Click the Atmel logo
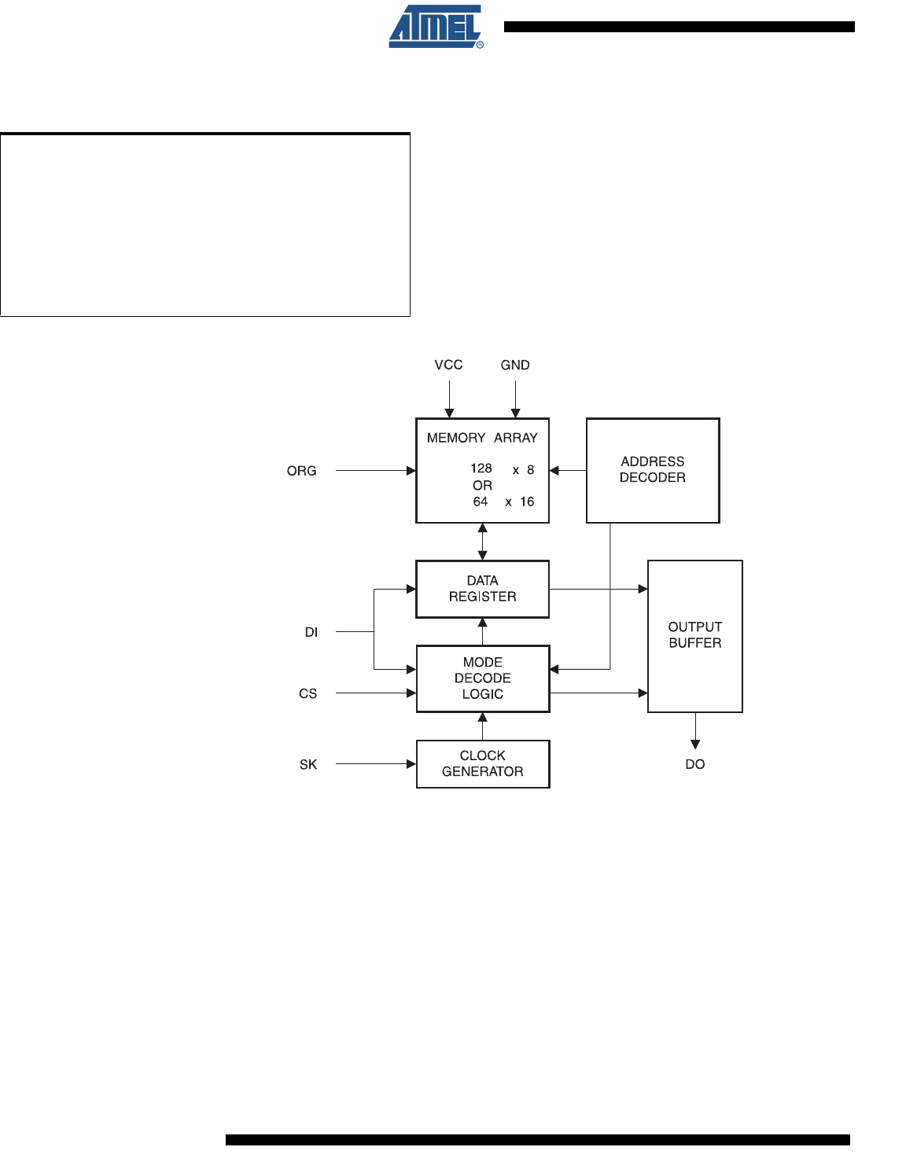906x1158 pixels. (435, 28)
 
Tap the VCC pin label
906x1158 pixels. (448, 365)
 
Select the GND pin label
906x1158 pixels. (515, 365)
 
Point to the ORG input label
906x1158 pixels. (301, 471)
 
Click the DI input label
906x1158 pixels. (311, 632)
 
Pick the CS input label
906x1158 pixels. (308, 693)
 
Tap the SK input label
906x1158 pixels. (308, 764)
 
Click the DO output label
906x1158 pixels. (694, 764)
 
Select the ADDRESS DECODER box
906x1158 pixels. (653, 470)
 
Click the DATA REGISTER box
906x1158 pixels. (482, 589)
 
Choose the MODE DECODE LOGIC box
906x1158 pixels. (482, 678)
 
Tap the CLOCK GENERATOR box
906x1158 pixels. (482, 763)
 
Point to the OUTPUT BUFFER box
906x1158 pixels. (694, 635)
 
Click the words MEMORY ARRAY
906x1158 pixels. (482, 438)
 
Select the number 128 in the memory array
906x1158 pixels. (481, 469)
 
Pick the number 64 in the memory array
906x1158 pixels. (481, 502)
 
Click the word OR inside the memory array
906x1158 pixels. (482, 486)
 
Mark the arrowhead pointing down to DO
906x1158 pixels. (695, 744)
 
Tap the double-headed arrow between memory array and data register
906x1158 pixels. (483, 542)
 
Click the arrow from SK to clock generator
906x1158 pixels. (375, 763)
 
